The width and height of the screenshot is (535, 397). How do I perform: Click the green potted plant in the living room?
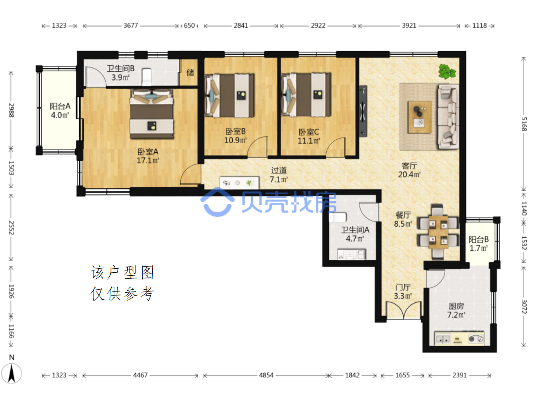coord(447,71)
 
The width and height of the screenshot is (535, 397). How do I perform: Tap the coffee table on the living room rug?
coord(419,117)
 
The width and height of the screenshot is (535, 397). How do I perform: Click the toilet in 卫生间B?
coord(147,77)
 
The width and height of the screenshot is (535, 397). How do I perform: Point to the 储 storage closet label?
coord(190,72)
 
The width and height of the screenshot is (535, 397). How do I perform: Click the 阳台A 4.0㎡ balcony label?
coord(60,111)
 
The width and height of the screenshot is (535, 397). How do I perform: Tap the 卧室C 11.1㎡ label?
coord(309,136)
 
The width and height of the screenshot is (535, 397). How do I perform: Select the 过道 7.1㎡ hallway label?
coord(279,175)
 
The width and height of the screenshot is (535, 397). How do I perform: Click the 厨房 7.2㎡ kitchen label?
coord(456,310)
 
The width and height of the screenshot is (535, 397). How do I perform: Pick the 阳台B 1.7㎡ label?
coord(479,243)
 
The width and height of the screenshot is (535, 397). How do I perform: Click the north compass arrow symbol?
coord(11,373)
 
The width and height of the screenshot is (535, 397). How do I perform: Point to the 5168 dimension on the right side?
coord(524,124)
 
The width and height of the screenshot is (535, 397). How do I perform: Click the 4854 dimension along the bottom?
coord(266,375)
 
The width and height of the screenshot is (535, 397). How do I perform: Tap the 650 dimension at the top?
coord(189,25)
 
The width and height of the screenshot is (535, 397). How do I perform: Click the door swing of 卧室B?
coord(258,147)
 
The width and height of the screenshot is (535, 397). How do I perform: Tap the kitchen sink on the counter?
coord(442,339)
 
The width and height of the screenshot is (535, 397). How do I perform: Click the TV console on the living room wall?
coord(363,111)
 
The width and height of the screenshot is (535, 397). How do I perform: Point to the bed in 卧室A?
coord(152,114)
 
